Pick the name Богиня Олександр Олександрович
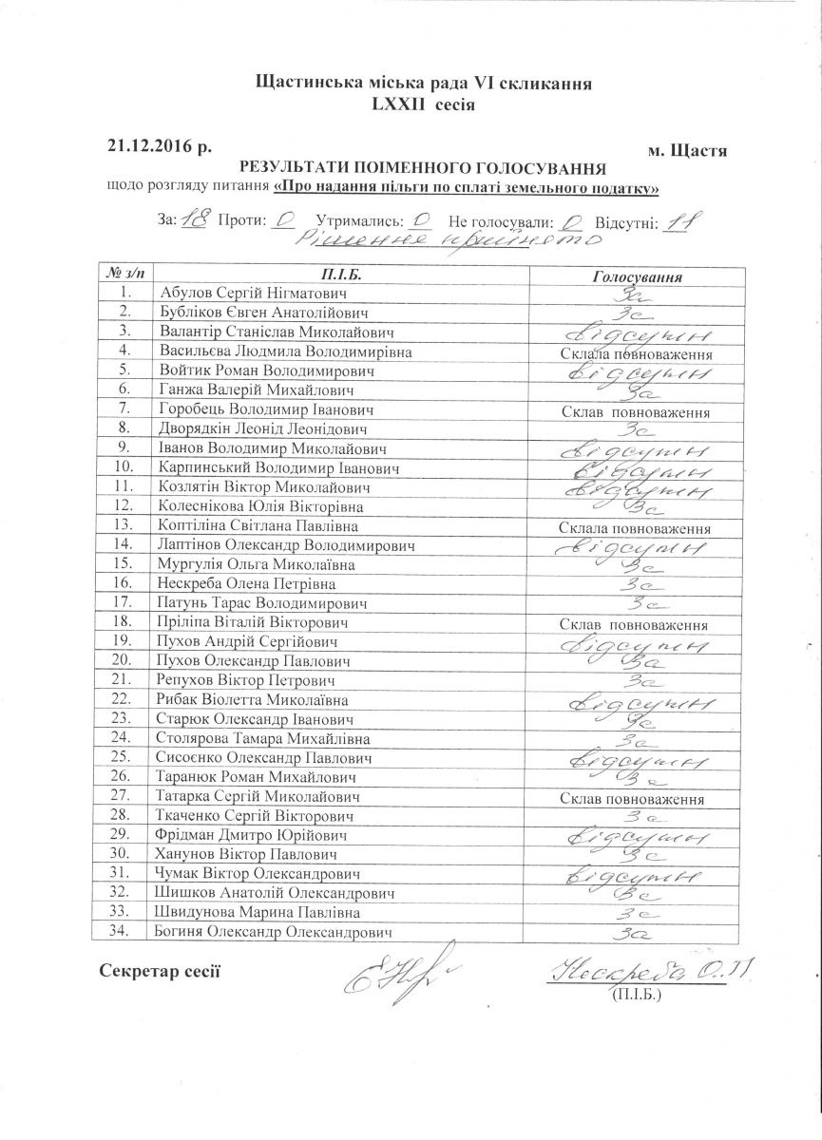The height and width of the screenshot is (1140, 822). pyautogui.click(x=274, y=932)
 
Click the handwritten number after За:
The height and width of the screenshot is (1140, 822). pyautogui.click(x=194, y=219)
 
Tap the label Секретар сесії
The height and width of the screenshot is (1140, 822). pyautogui.click(x=160, y=970)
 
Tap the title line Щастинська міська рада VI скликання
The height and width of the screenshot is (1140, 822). pyautogui.click(x=424, y=84)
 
